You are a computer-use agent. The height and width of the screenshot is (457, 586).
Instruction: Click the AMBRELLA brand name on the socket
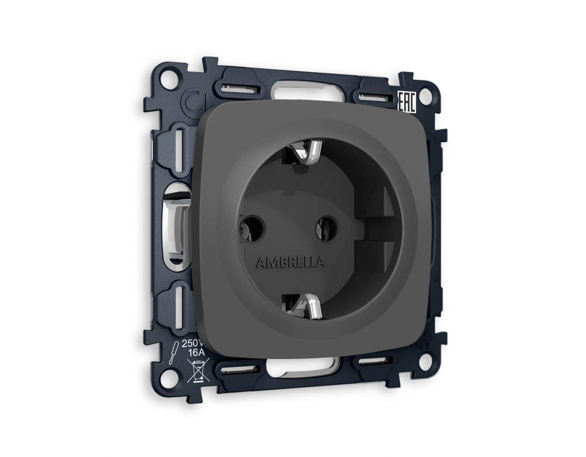point(289,262)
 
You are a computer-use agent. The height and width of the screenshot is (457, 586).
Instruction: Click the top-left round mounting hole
point(169,77)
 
